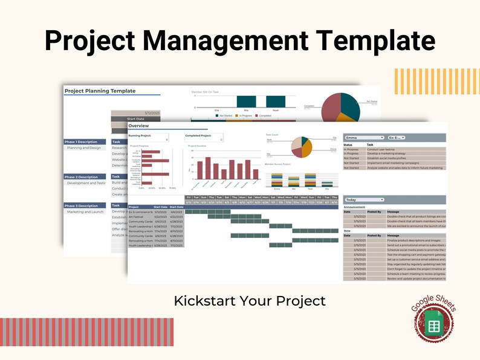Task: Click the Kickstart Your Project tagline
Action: pyautogui.click(x=250, y=300)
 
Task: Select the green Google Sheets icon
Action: pyautogui.click(x=433, y=327)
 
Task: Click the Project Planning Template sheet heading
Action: pyautogui.click(x=100, y=91)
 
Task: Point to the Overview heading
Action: pyautogui.click(x=138, y=126)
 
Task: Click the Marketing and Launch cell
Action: pyautogui.click(x=85, y=212)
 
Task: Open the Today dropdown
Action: pyautogui.click(x=364, y=199)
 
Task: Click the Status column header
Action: pyautogui.click(x=348, y=145)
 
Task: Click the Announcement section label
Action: pyautogui.click(x=354, y=207)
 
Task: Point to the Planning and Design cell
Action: pyautogui.click(x=84, y=148)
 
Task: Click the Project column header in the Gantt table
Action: pyautogui.click(x=135, y=207)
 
